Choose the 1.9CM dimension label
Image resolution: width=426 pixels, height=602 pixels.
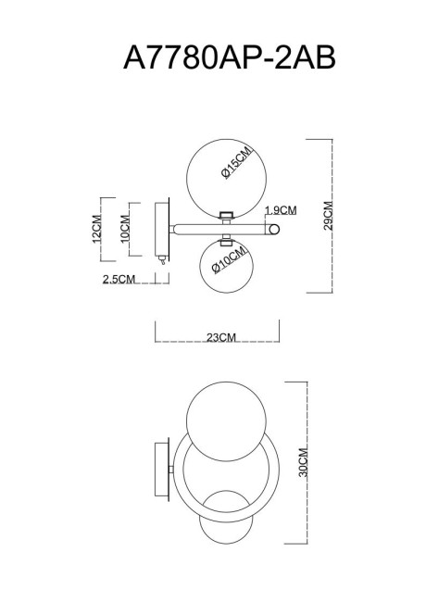(281, 209)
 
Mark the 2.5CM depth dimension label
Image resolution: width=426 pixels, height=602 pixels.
(119, 279)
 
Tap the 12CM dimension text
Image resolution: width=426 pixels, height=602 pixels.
(96, 229)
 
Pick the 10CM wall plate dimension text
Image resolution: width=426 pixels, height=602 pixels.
(123, 230)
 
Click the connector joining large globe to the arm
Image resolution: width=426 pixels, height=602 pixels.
(223, 215)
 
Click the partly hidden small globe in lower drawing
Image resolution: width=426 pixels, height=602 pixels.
(225, 527)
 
